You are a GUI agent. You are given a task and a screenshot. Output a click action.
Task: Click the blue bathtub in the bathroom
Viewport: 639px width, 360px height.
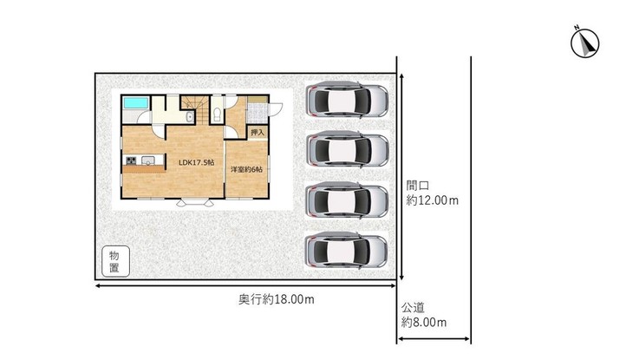click(x=135, y=102)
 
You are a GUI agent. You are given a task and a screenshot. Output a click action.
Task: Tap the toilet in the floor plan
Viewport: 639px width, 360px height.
click(x=217, y=114)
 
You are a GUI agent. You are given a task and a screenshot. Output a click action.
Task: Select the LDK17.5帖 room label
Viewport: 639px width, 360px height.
click(x=197, y=162)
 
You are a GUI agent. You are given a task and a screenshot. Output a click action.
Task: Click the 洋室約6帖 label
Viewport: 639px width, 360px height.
click(x=246, y=169)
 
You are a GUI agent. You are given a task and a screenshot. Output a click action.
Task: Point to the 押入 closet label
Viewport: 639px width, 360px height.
click(x=258, y=133)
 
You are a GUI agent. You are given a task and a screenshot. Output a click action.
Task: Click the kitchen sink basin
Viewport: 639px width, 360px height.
click(x=147, y=160)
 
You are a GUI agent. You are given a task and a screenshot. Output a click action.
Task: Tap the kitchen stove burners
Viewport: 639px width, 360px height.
click(x=131, y=160)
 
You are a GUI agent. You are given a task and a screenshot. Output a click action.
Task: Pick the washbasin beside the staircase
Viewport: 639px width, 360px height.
click(x=190, y=117)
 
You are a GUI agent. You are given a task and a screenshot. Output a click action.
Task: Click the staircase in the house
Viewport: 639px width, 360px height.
click(x=195, y=109)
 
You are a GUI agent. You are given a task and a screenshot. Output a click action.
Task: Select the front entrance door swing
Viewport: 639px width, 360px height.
click(x=276, y=108)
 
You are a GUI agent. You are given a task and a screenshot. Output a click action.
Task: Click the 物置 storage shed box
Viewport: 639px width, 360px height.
click(x=115, y=261)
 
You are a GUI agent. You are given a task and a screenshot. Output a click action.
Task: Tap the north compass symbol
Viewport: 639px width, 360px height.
click(x=584, y=43)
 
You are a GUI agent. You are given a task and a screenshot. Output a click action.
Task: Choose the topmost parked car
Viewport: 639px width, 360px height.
click(x=347, y=100)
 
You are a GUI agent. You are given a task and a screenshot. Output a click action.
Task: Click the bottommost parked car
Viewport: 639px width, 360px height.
click(x=346, y=251)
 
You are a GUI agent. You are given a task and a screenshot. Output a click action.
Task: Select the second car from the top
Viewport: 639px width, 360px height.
click(x=347, y=149)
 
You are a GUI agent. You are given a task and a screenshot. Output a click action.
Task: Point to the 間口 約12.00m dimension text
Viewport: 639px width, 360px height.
click(x=432, y=193)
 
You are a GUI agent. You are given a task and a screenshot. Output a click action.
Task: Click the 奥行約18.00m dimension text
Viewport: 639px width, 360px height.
click(x=277, y=299)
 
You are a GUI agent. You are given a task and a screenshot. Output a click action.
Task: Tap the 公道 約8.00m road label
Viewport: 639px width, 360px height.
click(x=424, y=315)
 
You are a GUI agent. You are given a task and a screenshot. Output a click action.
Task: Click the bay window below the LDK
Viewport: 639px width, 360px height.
click(x=195, y=202)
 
